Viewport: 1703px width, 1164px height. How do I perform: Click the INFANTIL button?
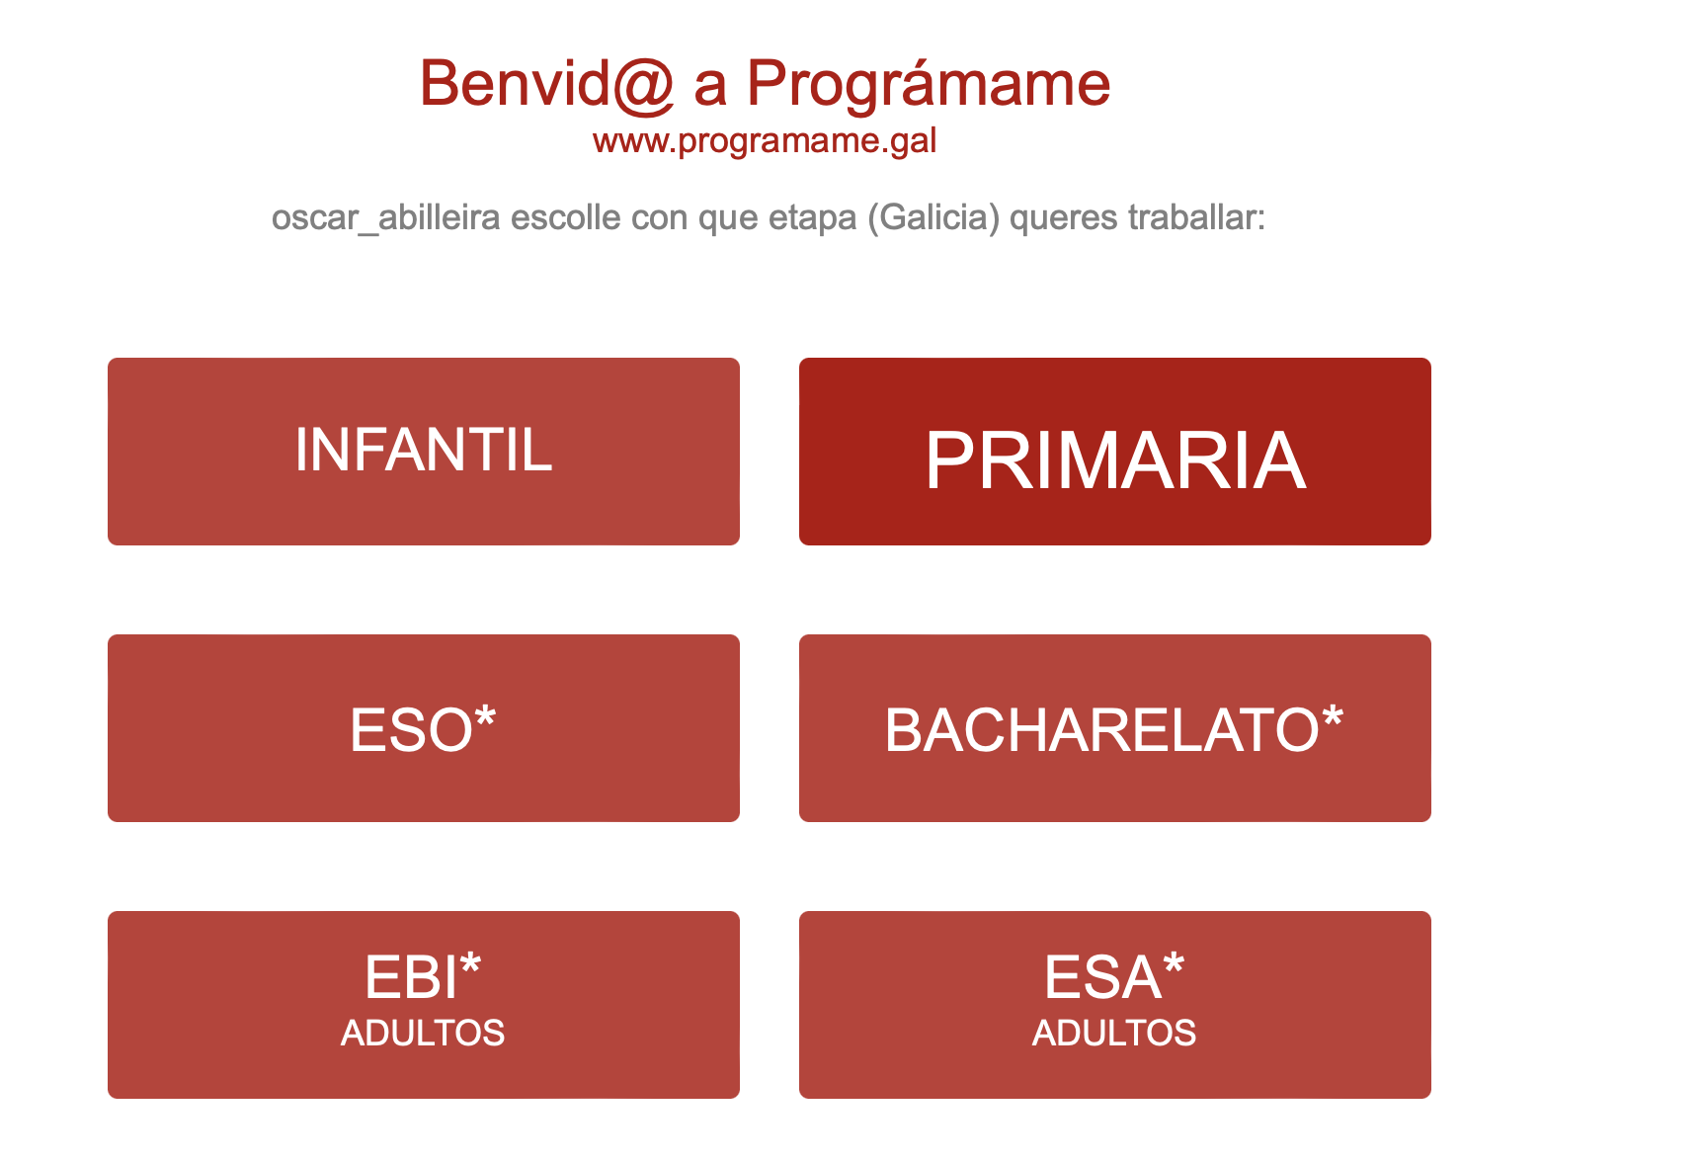[424, 452]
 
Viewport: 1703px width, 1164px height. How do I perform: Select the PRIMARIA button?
[1115, 452]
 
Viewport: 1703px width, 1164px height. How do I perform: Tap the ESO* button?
[424, 728]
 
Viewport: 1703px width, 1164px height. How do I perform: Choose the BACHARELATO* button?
[1115, 728]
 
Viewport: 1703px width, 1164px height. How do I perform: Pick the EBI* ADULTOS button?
[424, 1005]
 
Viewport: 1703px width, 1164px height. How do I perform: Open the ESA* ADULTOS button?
[1115, 1005]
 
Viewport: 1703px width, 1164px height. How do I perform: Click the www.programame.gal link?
[765, 141]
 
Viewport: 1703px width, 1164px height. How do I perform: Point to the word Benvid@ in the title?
[547, 83]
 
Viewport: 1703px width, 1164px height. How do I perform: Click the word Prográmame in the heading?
[929, 83]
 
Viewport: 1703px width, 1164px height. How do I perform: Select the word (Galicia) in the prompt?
[934, 217]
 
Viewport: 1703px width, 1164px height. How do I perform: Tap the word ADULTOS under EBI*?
[423, 1034]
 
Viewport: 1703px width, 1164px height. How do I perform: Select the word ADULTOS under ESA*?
[1114, 1034]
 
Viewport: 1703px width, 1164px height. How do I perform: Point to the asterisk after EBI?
[470, 962]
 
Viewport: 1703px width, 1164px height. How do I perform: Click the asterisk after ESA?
[1173, 962]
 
